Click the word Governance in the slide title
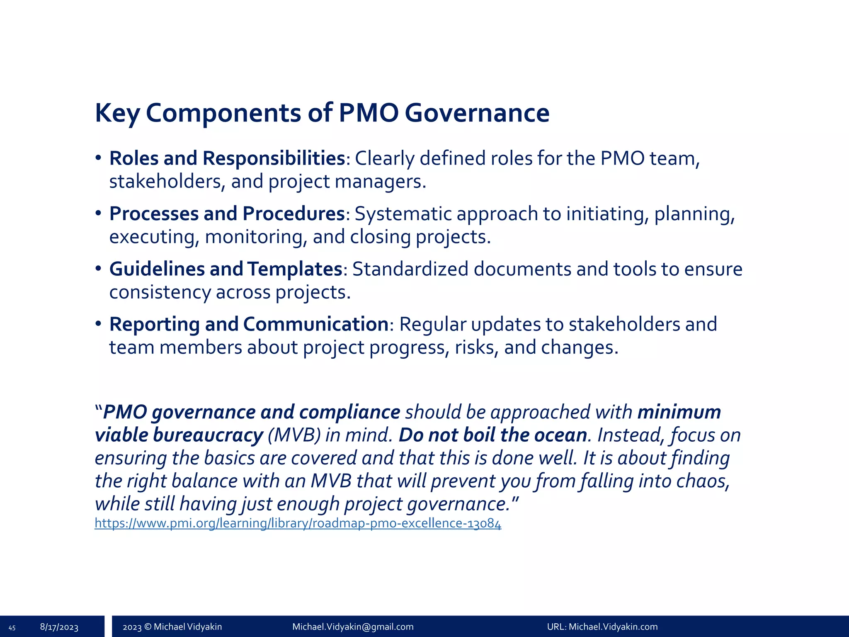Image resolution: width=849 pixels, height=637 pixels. (477, 113)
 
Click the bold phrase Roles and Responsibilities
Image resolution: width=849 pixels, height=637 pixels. (227, 158)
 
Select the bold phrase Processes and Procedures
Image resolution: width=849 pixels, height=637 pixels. (227, 214)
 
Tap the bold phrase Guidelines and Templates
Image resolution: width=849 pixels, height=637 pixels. (226, 269)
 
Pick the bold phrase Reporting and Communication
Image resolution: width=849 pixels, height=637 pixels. (249, 324)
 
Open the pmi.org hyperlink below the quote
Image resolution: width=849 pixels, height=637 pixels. (298, 523)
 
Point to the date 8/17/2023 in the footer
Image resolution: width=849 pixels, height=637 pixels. (59, 627)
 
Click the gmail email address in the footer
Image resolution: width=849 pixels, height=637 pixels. (353, 627)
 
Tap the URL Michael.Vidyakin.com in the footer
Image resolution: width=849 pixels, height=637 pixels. (613, 627)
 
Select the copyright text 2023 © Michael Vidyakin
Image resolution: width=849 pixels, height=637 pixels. (172, 627)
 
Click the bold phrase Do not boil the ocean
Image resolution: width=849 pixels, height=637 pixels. (492, 435)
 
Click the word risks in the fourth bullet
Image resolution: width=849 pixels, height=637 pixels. (476, 348)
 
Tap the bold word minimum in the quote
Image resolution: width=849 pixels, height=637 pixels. (679, 412)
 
